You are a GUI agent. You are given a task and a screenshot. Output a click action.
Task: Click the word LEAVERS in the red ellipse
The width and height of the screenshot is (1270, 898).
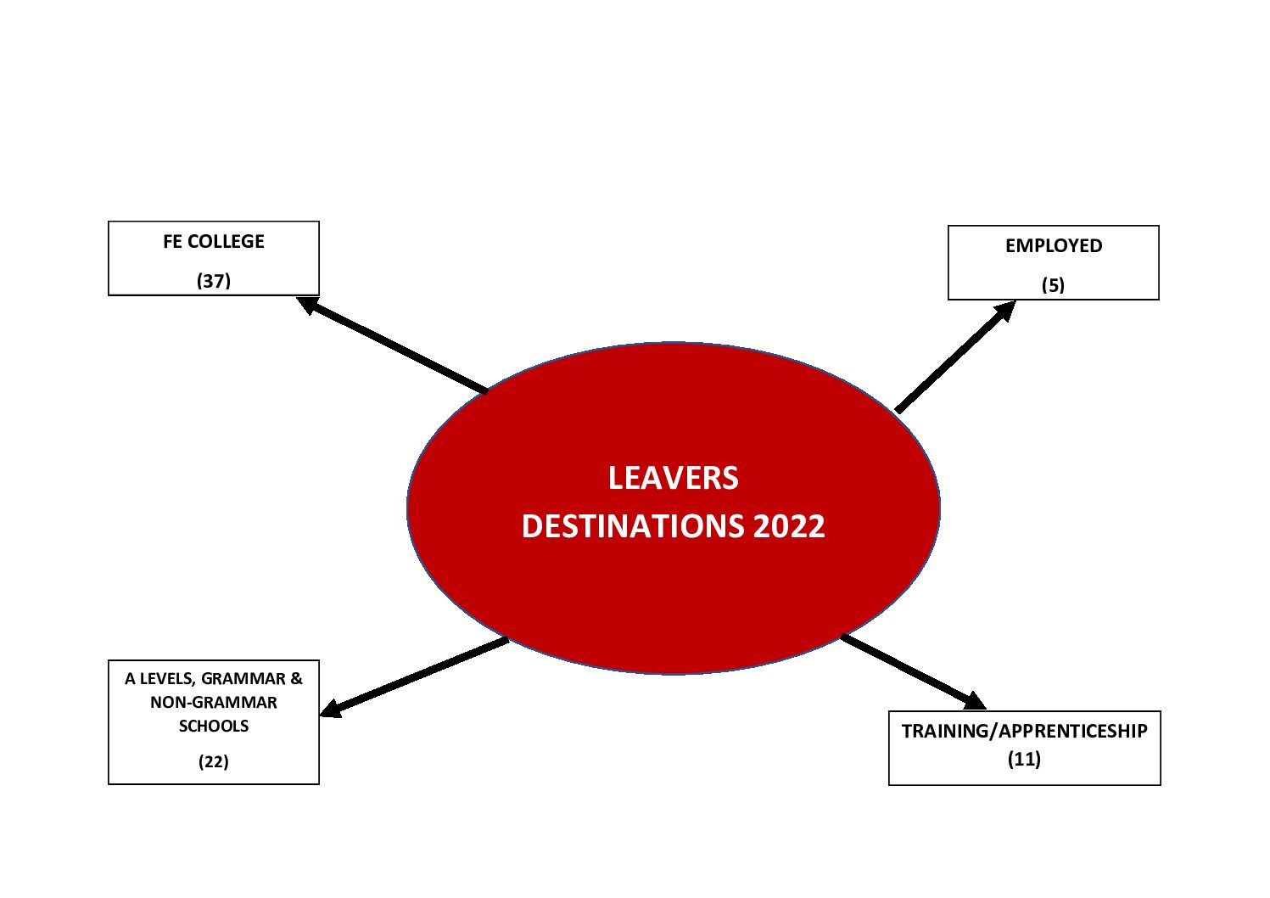tap(673, 478)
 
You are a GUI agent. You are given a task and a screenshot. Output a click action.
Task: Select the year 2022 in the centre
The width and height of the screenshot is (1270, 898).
tap(789, 526)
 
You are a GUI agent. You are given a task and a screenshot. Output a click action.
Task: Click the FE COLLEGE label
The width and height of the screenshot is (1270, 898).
tap(213, 242)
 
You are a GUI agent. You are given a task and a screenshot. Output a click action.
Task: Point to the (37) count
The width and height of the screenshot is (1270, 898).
tap(213, 281)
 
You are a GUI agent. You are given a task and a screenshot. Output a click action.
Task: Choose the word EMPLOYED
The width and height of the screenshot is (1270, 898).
tap(1054, 245)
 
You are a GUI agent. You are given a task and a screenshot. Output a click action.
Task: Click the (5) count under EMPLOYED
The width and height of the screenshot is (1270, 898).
tap(1053, 285)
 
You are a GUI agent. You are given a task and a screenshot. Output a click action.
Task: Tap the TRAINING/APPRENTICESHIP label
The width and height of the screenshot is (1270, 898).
tap(1025, 732)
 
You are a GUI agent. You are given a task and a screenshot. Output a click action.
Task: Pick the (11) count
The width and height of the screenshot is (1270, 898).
tap(1024, 759)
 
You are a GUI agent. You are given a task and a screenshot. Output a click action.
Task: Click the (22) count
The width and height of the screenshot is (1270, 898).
tap(213, 761)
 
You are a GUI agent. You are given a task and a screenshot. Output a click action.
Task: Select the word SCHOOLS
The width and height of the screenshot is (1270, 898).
tap(214, 726)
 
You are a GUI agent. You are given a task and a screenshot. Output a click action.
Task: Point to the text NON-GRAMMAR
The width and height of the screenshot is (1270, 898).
tap(213, 702)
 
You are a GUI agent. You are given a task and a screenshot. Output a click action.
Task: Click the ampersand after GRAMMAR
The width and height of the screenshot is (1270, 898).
tap(296, 678)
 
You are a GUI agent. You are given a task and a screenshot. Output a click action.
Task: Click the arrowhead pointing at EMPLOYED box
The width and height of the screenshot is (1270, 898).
tap(1004, 311)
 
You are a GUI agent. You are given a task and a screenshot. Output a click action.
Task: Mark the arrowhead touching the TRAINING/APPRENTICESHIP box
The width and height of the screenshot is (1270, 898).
tap(975, 701)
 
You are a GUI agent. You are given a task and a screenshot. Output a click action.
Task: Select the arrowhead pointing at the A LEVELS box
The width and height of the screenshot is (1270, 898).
tap(331, 709)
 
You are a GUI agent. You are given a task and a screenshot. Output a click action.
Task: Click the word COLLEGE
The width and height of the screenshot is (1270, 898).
tap(226, 242)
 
